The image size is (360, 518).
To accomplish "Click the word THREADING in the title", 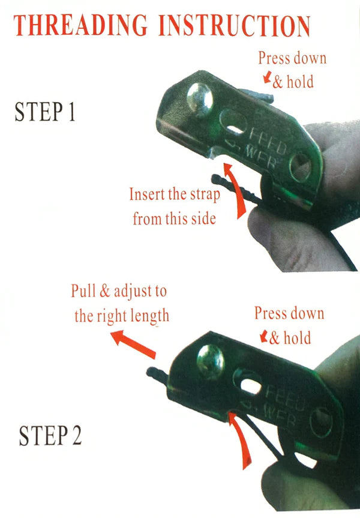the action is pyautogui.click(x=80, y=25).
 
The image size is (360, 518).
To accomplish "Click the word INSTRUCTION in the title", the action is pyautogui.click(x=234, y=25).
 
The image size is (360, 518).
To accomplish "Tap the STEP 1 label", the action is pyautogui.click(x=45, y=112).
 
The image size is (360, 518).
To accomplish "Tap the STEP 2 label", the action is pyautogui.click(x=50, y=436).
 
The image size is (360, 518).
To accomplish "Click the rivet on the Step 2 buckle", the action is pyautogui.click(x=211, y=362).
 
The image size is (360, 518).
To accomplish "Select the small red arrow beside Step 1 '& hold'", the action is pyautogui.click(x=268, y=77).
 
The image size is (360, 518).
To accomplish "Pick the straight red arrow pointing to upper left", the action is pyautogui.click(x=133, y=344).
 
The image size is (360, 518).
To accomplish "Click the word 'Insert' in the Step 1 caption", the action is pyautogui.click(x=146, y=194).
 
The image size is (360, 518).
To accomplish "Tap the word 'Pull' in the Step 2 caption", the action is pyautogui.click(x=83, y=291).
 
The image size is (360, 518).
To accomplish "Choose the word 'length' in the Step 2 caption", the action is pyautogui.click(x=149, y=316).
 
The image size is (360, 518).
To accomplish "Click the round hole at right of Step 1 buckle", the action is pyautogui.click(x=301, y=167).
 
